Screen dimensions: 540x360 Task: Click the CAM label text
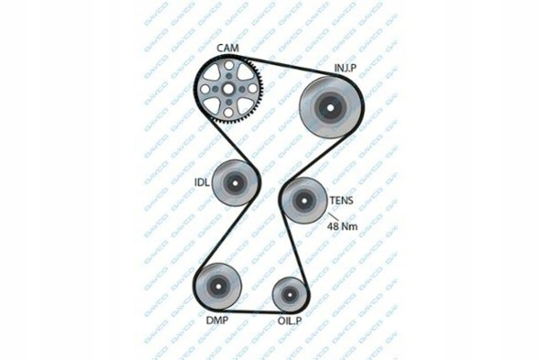tap(229, 48)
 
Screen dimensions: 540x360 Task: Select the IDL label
tap(202, 183)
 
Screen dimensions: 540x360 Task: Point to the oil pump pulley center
tap(290, 292)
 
